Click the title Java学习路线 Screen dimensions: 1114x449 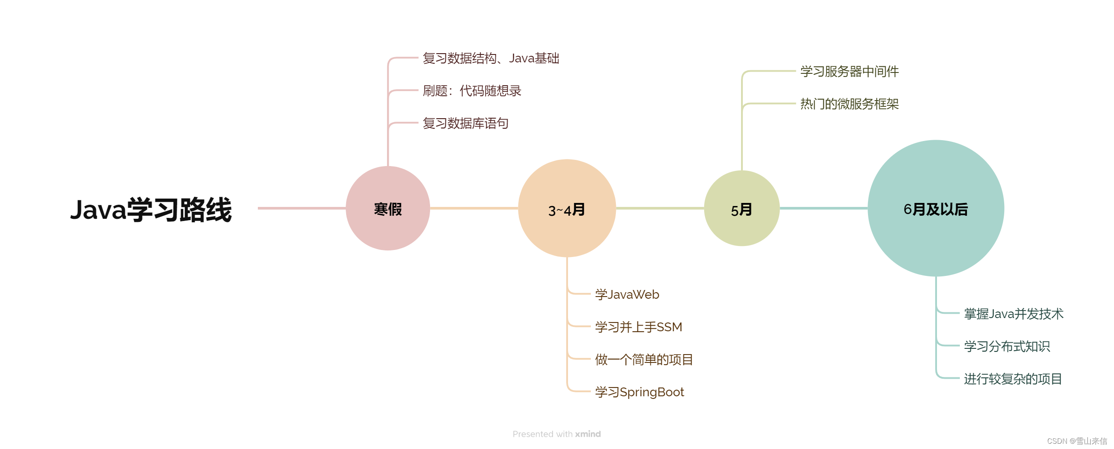click(151, 210)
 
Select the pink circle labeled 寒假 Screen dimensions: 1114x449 click(387, 209)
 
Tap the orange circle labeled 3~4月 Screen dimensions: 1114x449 click(567, 209)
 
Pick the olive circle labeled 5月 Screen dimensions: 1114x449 click(741, 209)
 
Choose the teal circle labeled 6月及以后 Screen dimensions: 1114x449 click(936, 209)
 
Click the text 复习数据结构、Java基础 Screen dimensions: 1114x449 click(491, 58)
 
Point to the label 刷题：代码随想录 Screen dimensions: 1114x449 click(472, 91)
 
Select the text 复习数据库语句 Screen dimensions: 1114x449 click(466, 123)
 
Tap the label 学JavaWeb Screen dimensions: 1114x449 click(627, 294)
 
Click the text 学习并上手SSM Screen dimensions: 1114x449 click(638, 327)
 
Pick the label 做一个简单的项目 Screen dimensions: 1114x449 click(644, 359)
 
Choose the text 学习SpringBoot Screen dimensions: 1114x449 click(639, 392)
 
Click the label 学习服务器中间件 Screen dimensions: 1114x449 click(849, 72)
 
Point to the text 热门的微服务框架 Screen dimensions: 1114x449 click(849, 104)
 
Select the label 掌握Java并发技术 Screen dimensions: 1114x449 click(1013, 314)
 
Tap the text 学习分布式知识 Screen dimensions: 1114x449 click(1007, 346)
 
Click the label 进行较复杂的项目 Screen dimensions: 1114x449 click(1013, 379)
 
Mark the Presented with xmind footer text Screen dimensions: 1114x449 click(557, 434)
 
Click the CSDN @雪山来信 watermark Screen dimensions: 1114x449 click(1077, 441)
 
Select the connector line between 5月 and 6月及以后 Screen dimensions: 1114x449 click(824, 208)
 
